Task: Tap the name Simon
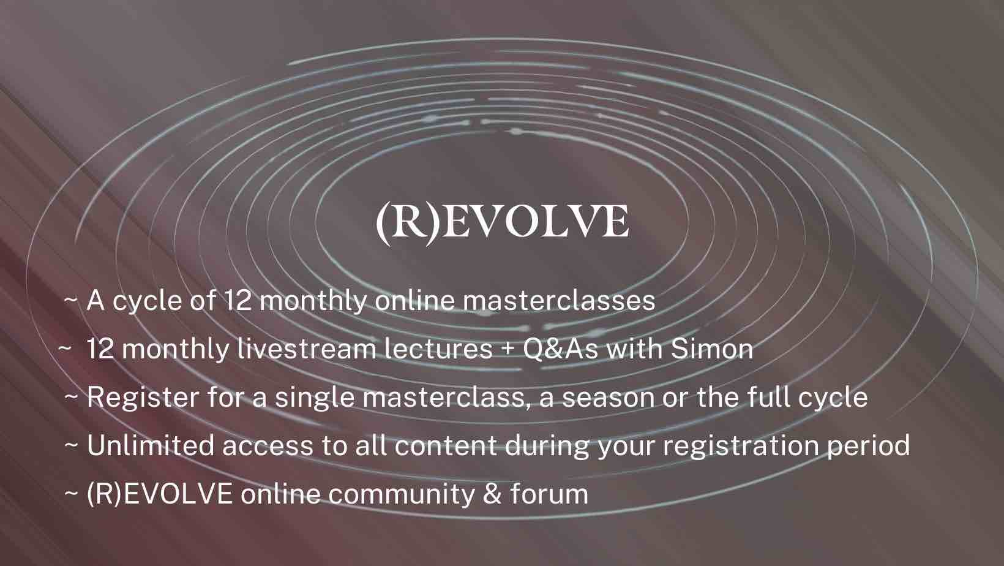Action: (x=712, y=349)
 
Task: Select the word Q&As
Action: (x=560, y=349)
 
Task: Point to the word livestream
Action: (x=307, y=349)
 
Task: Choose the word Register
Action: (x=143, y=398)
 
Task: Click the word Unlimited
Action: (x=151, y=446)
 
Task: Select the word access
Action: (x=268, y=447)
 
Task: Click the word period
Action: (x=868, y=447)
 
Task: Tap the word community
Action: (x=401, y=495)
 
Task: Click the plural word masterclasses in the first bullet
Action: (x=559, y=301)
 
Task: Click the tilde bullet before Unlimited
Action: (x=72, y=447)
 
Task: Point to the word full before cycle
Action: (x=765, y=397)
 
